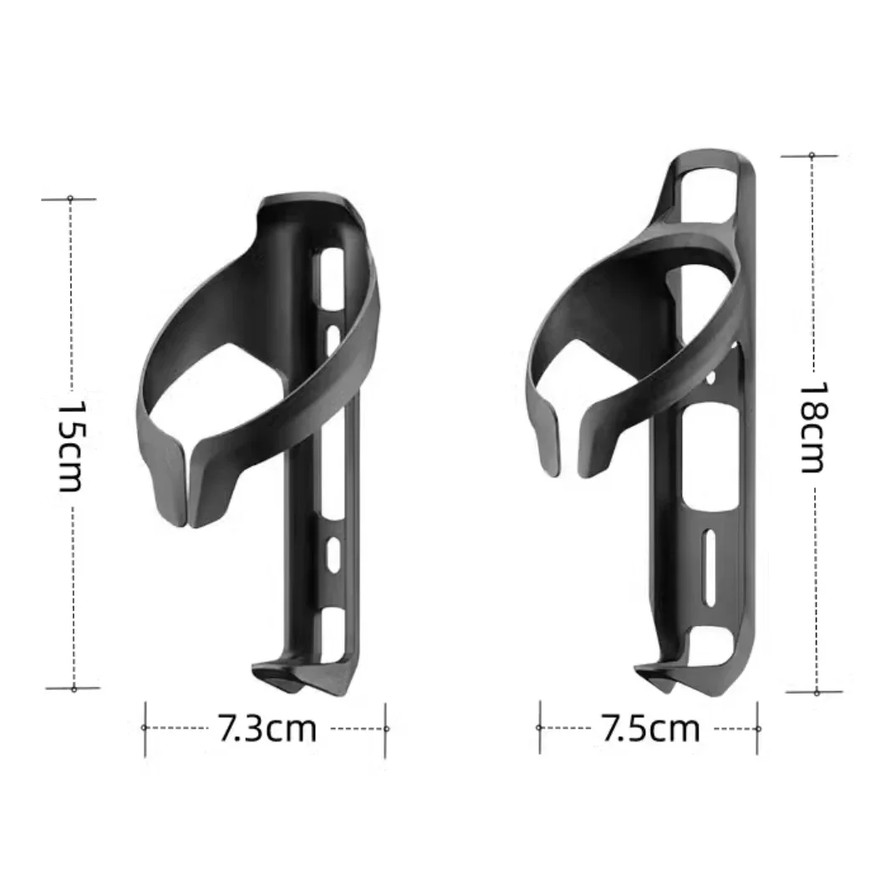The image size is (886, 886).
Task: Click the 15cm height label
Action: (70, 444)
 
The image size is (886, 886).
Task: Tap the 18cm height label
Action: (812, 427)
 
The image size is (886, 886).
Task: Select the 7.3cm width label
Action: (267, 729)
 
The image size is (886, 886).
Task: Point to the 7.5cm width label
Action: (649, 729)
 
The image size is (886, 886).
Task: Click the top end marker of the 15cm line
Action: (70, 199)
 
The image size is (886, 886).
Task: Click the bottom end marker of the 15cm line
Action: (74, 689)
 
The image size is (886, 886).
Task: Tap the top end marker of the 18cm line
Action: (811, 155)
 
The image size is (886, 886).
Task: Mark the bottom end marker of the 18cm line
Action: (816, 692)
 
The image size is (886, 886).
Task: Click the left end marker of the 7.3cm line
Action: (145, 728)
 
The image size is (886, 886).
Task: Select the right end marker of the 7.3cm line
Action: (386, 728)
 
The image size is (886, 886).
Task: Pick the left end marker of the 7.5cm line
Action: (539, 728)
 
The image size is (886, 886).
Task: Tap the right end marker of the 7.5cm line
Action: (758, 728)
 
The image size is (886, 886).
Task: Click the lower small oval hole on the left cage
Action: (333, 553)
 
